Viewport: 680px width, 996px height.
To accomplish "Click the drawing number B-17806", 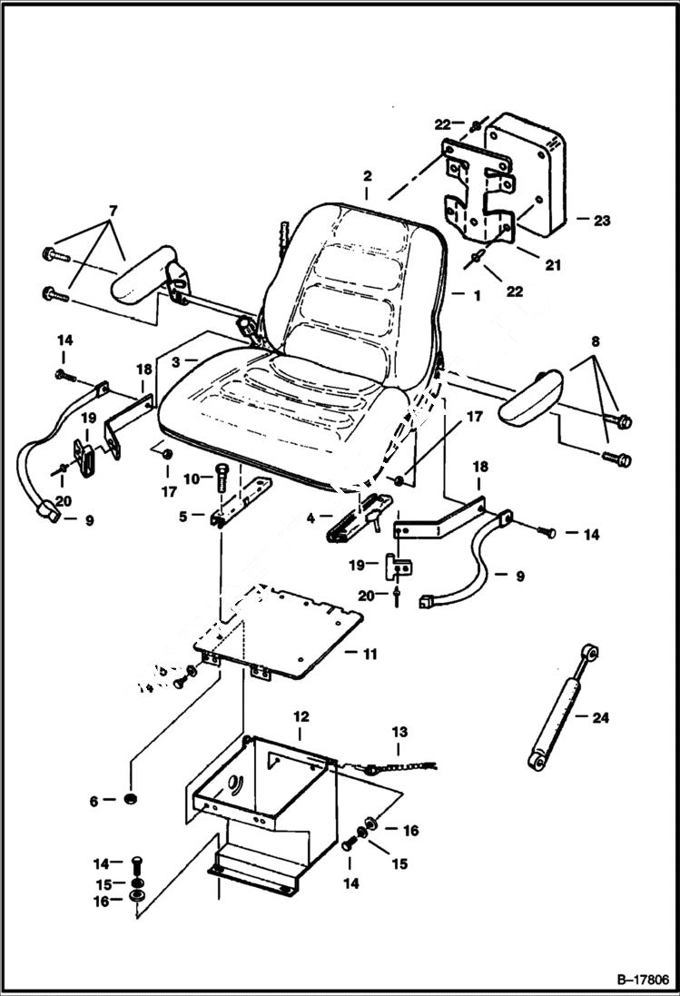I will click(x=631, y=981).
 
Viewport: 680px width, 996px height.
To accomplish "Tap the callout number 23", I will click(x=602, y=220).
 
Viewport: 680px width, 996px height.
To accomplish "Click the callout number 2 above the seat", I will click(x=367, y=175).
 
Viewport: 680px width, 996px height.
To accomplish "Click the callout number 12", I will click(x=301, y=716).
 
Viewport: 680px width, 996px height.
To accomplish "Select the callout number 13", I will click(x=399, y=732).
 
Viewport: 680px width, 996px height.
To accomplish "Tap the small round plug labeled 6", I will click(x=131, y=799).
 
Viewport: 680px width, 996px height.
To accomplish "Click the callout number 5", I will click(x=183, y=516).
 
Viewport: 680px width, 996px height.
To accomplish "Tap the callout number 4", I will click(x=310, y=519).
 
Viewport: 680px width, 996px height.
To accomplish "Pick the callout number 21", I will click(x=552, y=265).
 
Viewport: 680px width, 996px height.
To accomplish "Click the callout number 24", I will click(x=600, y=717).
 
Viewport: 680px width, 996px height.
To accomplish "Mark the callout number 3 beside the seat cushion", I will click(x=179, y=360).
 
